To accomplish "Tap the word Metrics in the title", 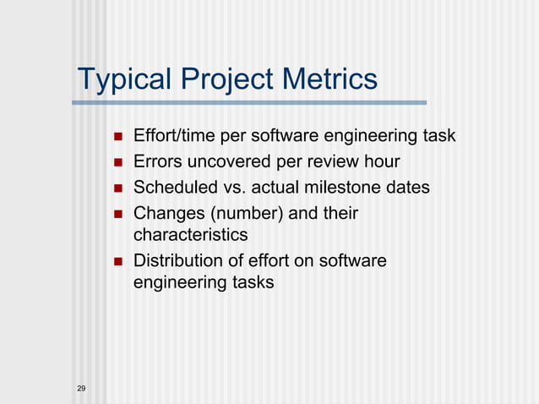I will coord(325,79).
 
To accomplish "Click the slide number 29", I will coord(81,388).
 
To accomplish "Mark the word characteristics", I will coord(190,234).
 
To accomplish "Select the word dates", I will coord(406,186).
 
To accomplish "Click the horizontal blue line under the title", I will coord(249,103).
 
